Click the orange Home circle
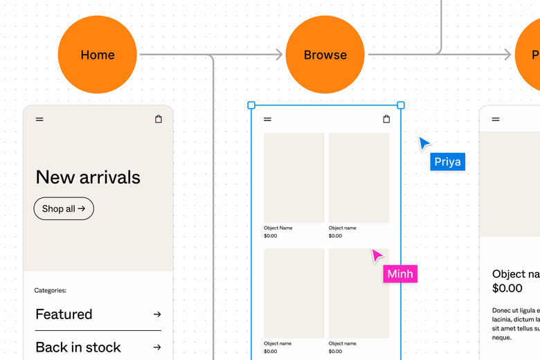click(x=97, y=55)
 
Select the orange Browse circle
click(x=325, y=55)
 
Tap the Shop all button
click(x=64, y=208)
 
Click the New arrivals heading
click(x=88, y=177)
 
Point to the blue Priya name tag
click(x=447, y=162)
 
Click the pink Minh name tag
click(x=400, y=274)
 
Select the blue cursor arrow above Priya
click(x=424, y=143)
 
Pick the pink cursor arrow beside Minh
click(x=377, y=256)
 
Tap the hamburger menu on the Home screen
click(x=39, y=119)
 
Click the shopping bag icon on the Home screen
click(x=159, y=119)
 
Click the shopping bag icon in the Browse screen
click(x=386, y=119)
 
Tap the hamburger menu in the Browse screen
click(x=267, y=119)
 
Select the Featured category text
click(x=64, y=314)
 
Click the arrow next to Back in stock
click(x=157, y=348)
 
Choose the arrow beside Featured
click(x=157, y=314)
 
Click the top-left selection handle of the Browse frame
click(x=251, y=105)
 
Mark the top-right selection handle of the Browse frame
click(x=401, y=105)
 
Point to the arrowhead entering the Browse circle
click(x=279, y=55)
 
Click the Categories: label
click(x=51, y=291)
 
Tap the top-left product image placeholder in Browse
click(x=294, y=178)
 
